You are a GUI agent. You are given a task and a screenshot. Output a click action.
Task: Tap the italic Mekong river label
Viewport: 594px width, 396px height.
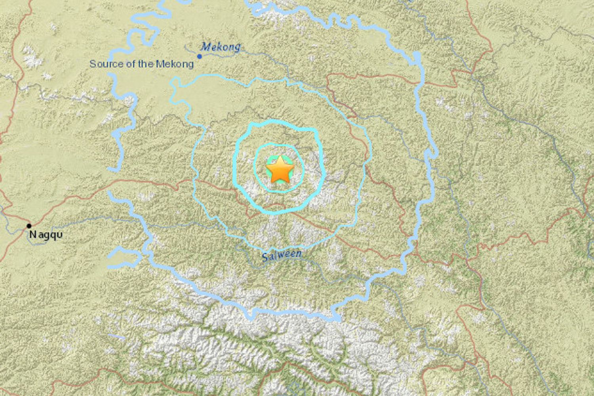tap(221, 47)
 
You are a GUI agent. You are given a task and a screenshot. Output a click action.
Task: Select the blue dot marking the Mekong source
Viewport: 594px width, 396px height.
tap(200, 57)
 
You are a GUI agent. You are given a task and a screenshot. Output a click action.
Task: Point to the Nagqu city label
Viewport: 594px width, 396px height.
tap(46, 235)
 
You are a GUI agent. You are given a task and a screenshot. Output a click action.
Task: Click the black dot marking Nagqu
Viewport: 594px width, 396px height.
tap(29, 226)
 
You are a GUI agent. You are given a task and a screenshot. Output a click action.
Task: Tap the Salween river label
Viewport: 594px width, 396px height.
tap(282, 255)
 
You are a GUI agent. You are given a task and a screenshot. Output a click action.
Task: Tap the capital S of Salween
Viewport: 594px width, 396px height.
tap(265, 258)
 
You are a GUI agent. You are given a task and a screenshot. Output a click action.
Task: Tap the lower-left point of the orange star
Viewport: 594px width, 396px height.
tap(272, 183)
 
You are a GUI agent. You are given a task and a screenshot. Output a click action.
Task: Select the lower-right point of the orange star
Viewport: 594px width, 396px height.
tap(289, 183)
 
